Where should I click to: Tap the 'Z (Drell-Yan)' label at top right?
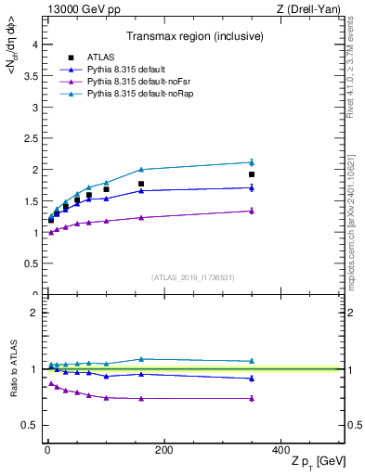(x=312, y=9)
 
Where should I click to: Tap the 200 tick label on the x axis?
(x=163, y=450)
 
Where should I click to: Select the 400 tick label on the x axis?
(x=280, y=450)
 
